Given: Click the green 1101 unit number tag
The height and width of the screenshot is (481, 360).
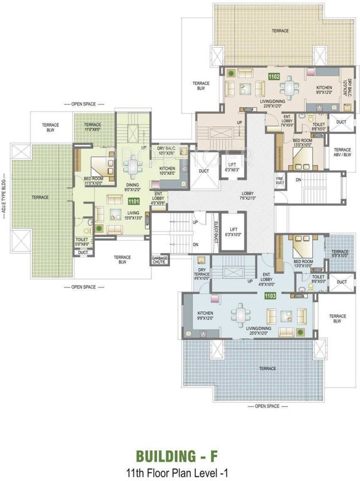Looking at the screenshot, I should [133, 202].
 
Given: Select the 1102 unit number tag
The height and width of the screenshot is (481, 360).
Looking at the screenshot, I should [273, 76].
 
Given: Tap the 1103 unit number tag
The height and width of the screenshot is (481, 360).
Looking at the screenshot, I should [270, 295].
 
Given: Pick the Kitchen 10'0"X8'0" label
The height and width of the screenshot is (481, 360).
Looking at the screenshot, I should [167, 171].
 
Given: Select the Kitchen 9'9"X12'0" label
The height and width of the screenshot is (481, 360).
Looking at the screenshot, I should [208, 316].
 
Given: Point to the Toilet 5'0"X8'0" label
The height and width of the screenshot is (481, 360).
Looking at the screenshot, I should [82, 241].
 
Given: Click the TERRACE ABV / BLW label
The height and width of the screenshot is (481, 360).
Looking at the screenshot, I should [342, 152].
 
